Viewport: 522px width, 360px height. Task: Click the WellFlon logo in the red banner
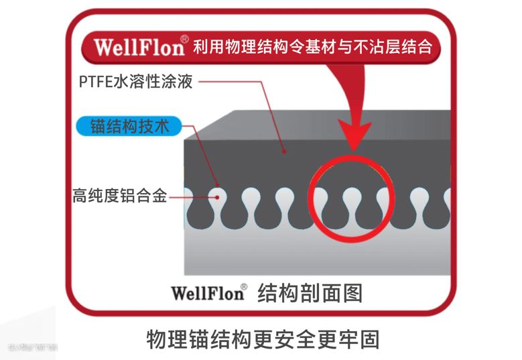139,48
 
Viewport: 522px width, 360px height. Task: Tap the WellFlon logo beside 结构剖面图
207,293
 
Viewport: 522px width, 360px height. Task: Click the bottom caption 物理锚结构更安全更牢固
263,339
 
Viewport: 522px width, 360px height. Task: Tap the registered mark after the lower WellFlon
244,287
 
